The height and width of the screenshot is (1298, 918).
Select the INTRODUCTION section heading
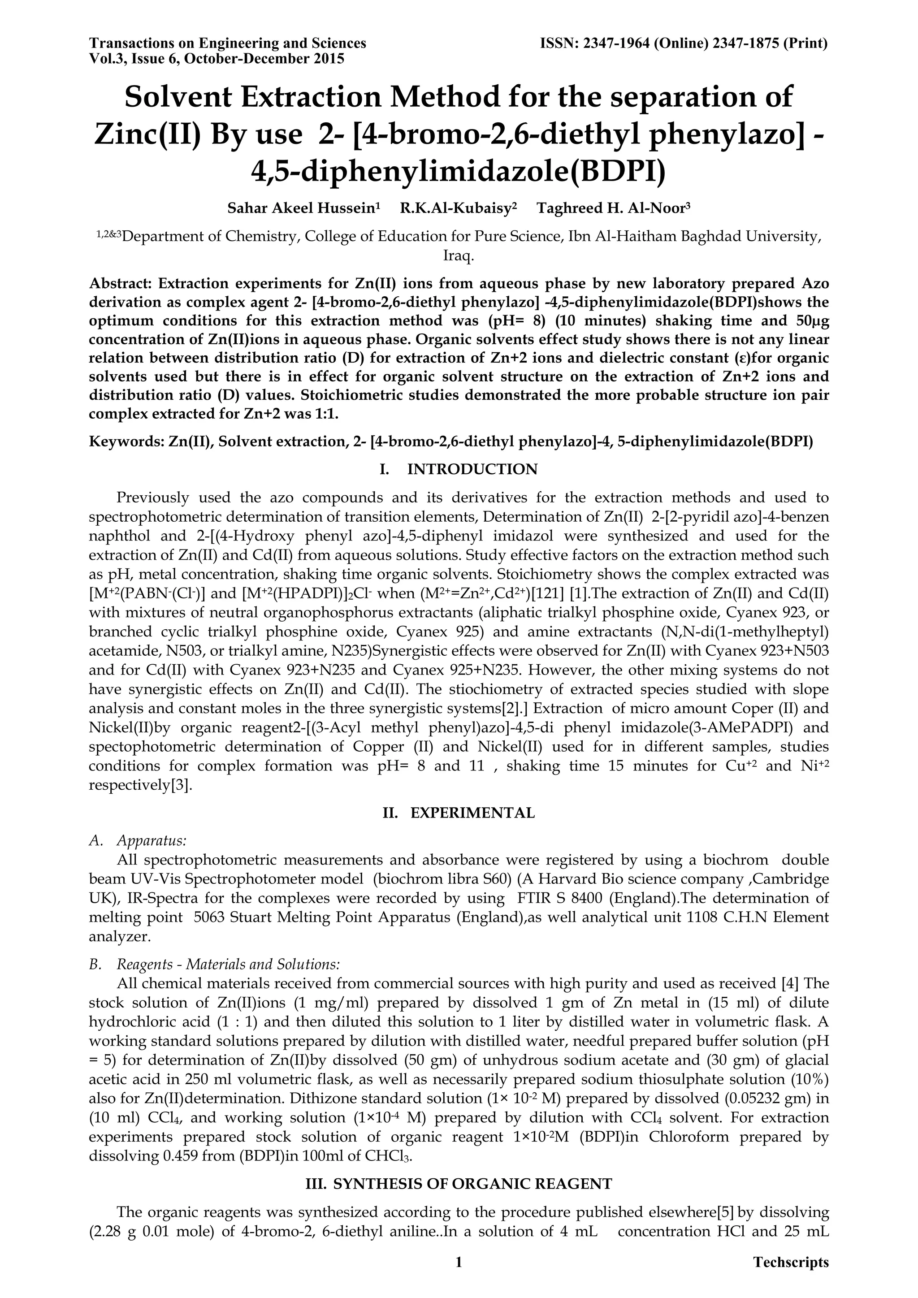click(x=472, y=469)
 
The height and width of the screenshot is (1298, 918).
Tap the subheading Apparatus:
click(x=152, y=841)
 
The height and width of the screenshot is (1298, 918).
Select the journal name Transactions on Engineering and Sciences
click(x=228, y=43)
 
